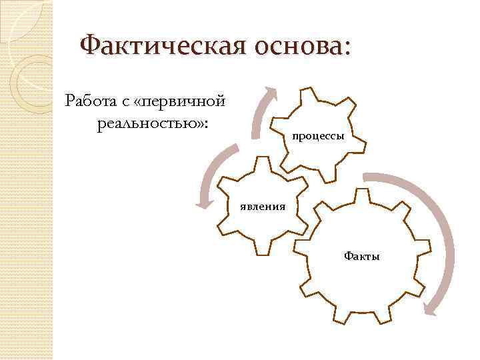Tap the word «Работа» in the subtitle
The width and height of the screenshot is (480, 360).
(91, 101)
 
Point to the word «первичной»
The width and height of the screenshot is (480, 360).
(185, 102)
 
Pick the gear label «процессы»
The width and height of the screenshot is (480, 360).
(318, 137)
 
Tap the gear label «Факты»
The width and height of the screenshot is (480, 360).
(361, 255)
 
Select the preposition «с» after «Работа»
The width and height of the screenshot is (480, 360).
(125, 102)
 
